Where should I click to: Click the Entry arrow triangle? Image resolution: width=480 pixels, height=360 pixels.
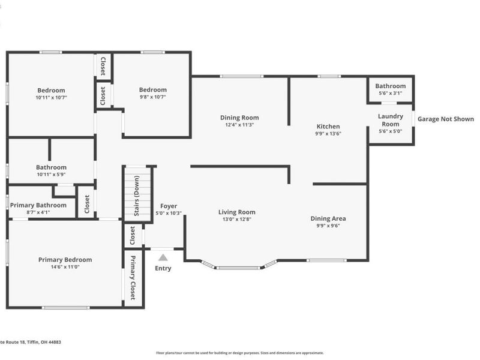[x=163, y=257]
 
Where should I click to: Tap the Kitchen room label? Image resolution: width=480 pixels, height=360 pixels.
[x=328, y=127]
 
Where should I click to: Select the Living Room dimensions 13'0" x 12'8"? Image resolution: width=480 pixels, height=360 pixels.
[x=237, y=219]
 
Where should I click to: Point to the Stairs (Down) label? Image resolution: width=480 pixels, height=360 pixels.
[x=137, y=196]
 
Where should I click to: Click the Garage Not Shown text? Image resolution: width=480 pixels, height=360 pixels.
[x=446, y=119]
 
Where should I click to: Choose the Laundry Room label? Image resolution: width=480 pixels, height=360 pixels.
[x=391, y=120]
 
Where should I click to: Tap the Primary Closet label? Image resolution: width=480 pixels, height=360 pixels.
[x=133, y=278]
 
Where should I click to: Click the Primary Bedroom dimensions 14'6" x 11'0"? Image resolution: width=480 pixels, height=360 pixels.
[x=65, y=267]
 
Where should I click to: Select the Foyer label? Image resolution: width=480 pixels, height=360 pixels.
[x=169, y=206]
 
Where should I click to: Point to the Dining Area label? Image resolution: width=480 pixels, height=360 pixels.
[x=328, y=218]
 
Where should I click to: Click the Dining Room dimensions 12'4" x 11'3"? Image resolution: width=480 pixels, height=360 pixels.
[x=239, y=125]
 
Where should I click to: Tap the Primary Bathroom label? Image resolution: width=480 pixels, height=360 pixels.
[x=38, y=205]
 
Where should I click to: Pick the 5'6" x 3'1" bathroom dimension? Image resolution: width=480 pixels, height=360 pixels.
[x=391, y=94]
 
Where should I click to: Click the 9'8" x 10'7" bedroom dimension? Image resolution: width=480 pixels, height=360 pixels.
[x=153, y=97]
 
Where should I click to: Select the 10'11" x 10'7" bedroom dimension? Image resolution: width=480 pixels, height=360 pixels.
[x=51, y=98]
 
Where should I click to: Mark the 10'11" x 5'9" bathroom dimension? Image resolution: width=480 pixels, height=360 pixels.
[x=51, y=175]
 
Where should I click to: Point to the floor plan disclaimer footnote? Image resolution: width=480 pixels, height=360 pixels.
[x=239, y=353]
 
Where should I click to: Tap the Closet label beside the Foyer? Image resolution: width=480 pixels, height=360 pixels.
[x=133, y=235]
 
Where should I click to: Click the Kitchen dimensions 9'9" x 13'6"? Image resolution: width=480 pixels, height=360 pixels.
[x=328, y=134]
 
